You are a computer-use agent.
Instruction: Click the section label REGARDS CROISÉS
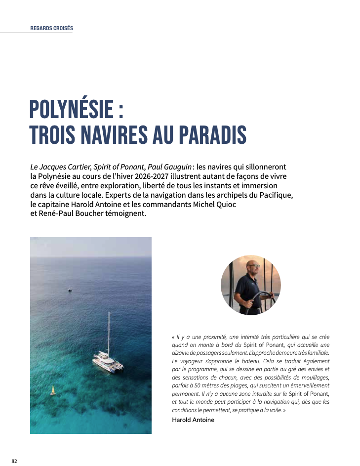click(51, 28)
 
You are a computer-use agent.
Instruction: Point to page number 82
click(14, 461)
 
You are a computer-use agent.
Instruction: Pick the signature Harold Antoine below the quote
click(193, 420)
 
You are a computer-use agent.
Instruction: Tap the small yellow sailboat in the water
click(53, 390)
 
